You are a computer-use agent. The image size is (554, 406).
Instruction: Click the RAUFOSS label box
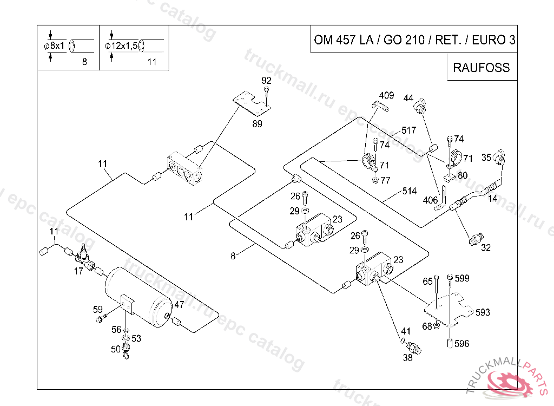coord(482,68)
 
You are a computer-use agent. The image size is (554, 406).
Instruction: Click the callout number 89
coord(258,125)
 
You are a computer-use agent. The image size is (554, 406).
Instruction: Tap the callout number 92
coord(266,81)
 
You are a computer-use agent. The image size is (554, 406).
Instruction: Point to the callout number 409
coord(386,96)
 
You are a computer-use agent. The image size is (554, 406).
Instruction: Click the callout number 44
coord(408,99)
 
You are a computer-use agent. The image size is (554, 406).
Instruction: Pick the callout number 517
coord(409,130)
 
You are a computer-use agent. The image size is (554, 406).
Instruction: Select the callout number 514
coord(409,191)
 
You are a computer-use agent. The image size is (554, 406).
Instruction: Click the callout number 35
coord(486,158)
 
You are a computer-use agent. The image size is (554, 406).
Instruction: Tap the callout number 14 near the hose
coord(493,199)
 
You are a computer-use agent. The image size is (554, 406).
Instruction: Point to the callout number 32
coord(486,248)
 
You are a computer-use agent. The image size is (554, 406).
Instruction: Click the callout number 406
coord(431,200)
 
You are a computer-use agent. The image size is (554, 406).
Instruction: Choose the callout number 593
coord(483,312)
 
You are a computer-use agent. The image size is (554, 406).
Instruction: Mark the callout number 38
coord(407,357)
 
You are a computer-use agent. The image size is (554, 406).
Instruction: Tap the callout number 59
coord(98,310)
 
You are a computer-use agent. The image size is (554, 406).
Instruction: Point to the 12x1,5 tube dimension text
coord(121,46)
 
